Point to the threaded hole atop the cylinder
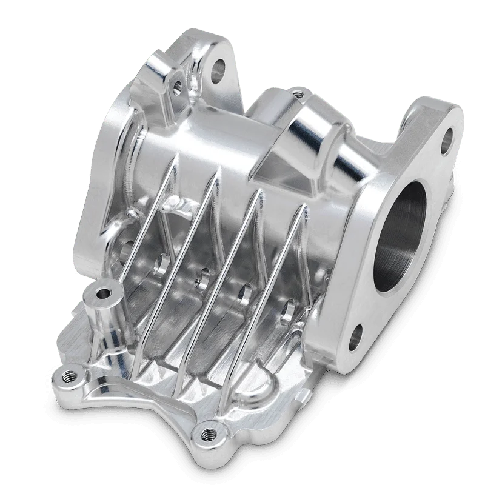296,94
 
